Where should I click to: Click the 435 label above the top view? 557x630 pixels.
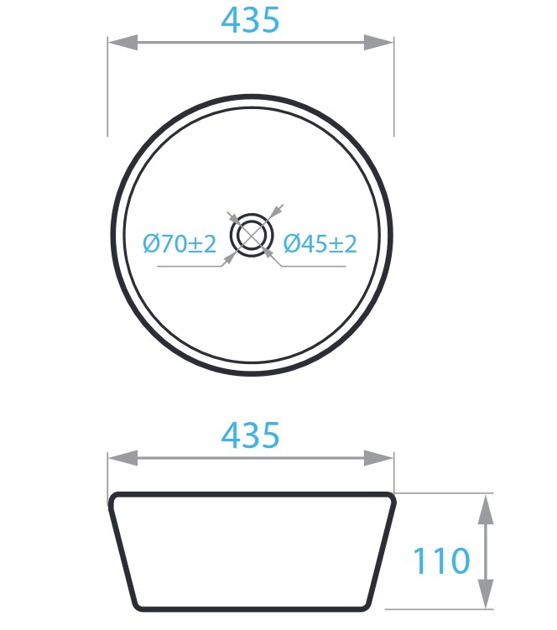point(250,19)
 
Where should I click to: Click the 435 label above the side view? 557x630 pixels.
point(250,435)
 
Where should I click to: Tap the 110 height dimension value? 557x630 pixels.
point(441,560)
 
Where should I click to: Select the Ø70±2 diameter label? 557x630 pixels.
point(180,244)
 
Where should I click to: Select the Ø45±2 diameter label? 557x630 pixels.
point(320,244)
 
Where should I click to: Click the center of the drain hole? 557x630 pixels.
point(252,236)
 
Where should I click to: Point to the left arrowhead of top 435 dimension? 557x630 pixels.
point(123,42)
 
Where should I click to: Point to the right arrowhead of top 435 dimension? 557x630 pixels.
point(378,42)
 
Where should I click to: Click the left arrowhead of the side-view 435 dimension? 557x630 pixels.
point(123,458)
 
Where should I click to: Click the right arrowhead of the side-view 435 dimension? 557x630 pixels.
point(378,458)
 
